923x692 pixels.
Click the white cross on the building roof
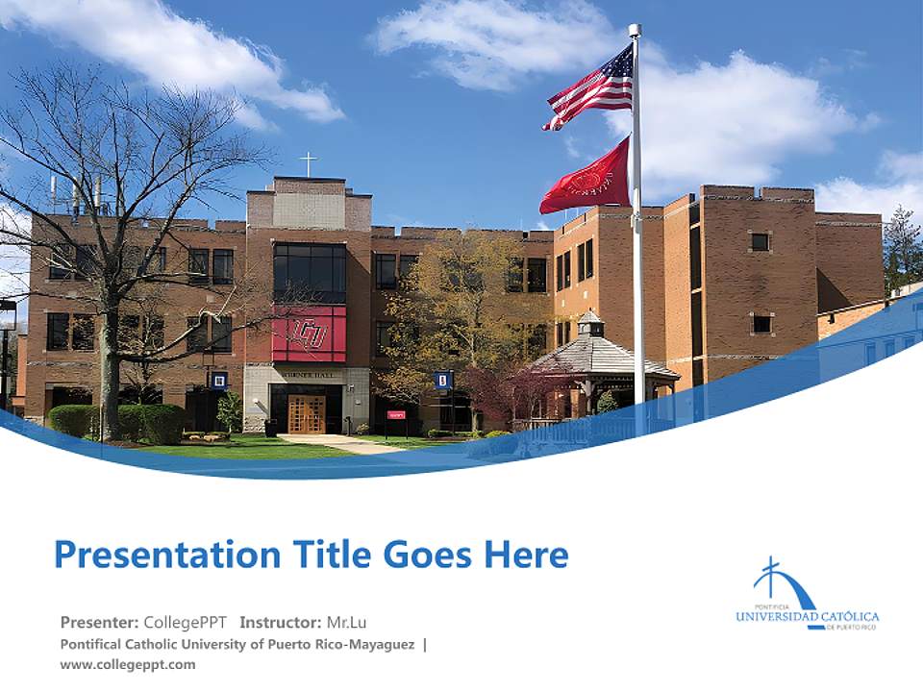(308, 163)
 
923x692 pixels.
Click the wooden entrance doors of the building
(307, 414)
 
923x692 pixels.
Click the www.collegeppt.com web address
(127, 664)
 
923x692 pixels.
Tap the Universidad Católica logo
(806, 596)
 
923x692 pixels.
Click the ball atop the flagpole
(635, 30)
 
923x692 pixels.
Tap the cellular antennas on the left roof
(75, 192)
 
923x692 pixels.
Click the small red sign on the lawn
(396, 415)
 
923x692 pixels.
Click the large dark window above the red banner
(309, 272)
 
